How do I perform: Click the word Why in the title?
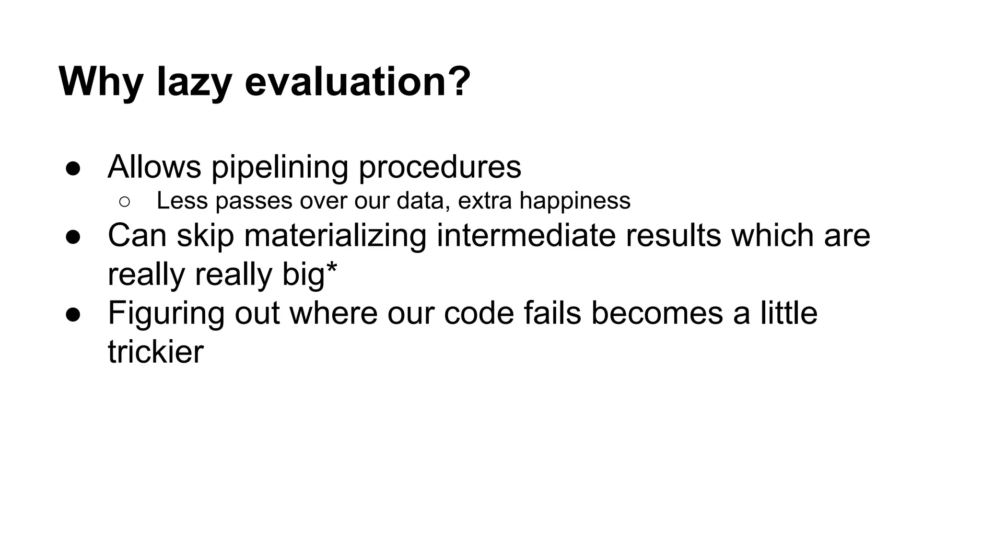tap(101, 82)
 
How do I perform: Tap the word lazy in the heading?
tap(194, 82)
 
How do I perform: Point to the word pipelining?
tap(280, 168)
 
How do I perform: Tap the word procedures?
tap(440, 168)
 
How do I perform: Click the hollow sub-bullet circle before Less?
tap(124, 202)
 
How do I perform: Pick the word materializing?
tap(335, 236)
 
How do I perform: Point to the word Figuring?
tap(166, 314)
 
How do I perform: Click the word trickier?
tap(156, 352)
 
